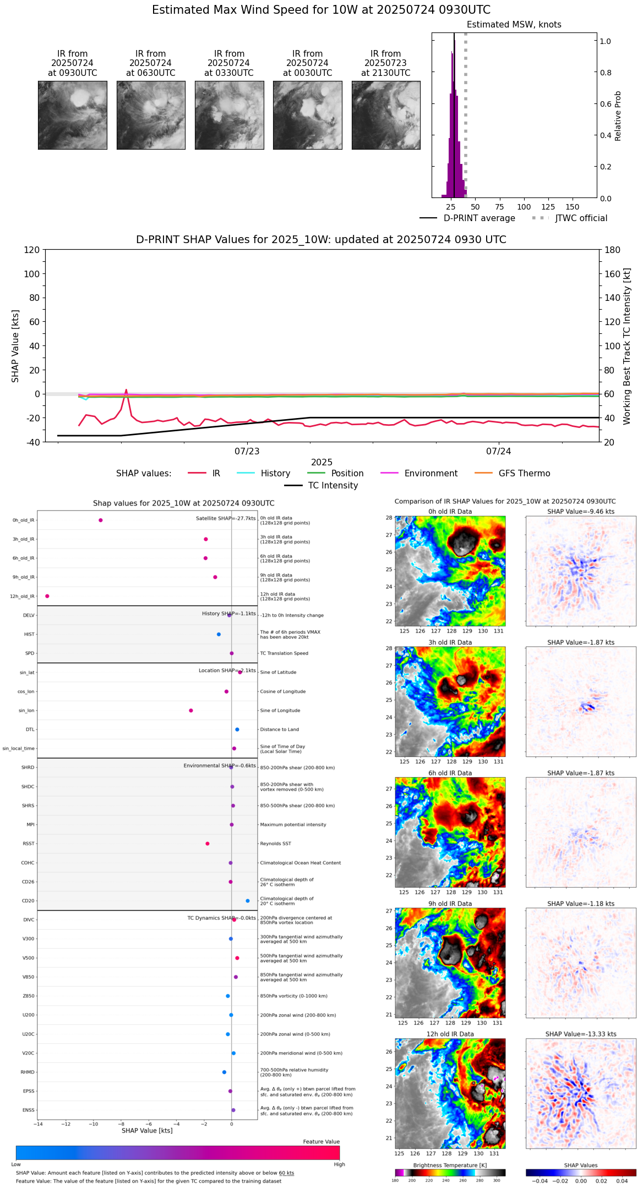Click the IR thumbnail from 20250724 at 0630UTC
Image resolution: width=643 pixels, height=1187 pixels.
(151, 115)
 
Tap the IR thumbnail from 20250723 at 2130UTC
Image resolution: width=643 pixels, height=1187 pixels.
(386, 115)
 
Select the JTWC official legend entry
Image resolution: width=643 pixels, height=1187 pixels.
(581, 218)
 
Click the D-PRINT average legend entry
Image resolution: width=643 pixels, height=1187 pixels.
(479, 218)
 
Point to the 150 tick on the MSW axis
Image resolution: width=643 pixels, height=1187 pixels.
(573, 207)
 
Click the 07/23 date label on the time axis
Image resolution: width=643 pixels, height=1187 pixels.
(247, 452)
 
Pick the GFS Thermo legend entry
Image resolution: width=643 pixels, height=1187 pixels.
(524, 474)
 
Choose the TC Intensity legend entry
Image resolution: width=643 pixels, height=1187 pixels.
(333, 486)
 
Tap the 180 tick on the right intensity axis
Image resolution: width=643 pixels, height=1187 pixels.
(613, 250)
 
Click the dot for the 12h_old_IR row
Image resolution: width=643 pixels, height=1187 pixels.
(47, 596)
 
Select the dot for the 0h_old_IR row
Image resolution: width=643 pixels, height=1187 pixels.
(100, 520)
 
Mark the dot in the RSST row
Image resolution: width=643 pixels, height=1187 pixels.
(208, 844)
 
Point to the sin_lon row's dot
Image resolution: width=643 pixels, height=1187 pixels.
(191, 711)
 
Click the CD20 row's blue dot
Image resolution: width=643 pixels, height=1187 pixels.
(248, 901)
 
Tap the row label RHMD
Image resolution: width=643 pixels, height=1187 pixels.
(28, 1072)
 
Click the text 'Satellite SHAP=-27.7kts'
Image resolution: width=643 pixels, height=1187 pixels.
(226, 519)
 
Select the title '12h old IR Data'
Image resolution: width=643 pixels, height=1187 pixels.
(450, 1034)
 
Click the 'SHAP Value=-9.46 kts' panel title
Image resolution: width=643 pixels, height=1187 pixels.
(581, 512)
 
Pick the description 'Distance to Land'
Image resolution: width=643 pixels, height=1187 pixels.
(280, 729)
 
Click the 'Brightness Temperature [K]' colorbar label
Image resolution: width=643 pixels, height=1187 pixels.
(450, 1165)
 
